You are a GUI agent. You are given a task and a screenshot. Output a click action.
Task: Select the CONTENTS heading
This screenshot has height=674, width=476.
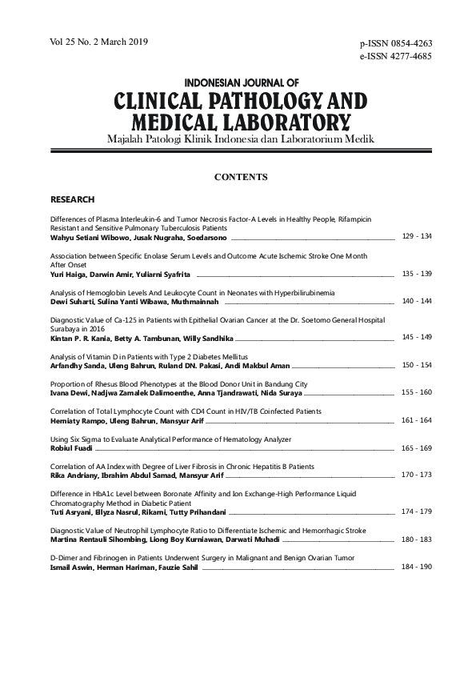pos(241,177)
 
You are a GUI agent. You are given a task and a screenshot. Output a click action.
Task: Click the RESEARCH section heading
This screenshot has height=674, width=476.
pos(73,199)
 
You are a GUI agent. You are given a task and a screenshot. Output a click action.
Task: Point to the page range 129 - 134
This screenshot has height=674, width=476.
pos(416,237)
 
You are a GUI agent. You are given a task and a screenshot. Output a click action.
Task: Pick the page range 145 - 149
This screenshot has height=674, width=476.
pos(416,337)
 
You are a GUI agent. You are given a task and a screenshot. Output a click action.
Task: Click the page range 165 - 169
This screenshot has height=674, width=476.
pos(416,448)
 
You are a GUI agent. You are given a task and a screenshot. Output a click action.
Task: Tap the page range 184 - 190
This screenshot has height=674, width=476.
pos(416,566)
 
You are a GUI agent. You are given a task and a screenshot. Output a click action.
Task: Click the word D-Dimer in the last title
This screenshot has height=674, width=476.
pos(64,557)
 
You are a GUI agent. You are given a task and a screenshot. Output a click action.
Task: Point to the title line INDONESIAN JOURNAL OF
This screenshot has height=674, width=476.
pos(241,82)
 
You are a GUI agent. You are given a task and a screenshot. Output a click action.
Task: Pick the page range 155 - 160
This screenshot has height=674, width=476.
pos(416,392)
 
